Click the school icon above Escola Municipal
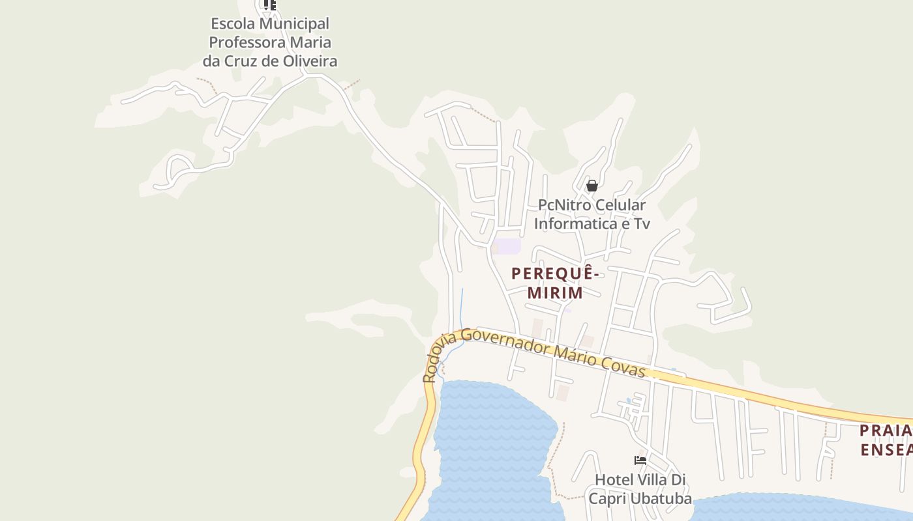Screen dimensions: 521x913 [270, 5]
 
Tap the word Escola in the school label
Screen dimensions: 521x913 [233, 24]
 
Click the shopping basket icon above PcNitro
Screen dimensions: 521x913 [591, 186]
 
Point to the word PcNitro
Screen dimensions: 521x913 [565, 205]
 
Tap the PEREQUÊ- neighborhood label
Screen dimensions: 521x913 [554, 273]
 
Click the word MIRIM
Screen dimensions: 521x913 [555, 293]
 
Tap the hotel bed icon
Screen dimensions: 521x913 [640, 460]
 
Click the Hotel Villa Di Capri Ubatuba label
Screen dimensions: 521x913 [640, 489]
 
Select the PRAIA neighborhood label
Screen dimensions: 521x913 [884, 430]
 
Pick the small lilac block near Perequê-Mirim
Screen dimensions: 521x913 [506, 246]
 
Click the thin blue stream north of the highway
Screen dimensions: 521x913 [462, 306]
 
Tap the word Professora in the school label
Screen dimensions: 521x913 [270, 43]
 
